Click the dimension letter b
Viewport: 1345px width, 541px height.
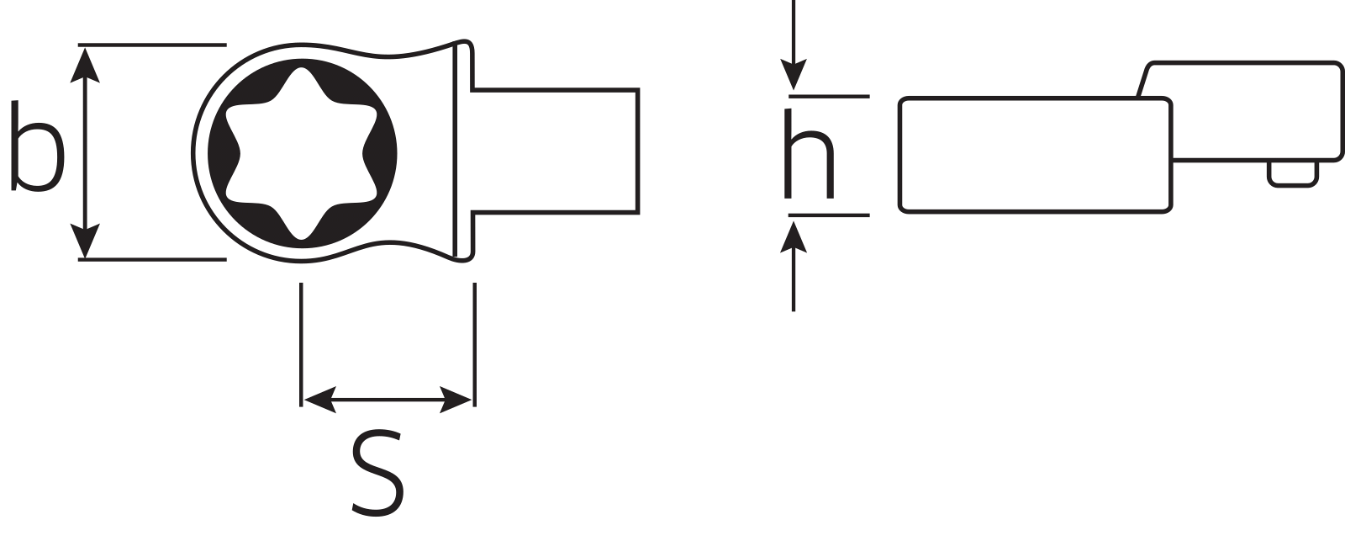coord(38,148)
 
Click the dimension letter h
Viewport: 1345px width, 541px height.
coord(809,156)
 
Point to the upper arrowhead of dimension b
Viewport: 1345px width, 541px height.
coord(85,64)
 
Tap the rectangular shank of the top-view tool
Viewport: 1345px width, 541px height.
coord(555,149)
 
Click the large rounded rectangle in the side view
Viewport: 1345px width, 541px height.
coord(1035,155)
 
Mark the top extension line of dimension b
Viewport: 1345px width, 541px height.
coord(152,44)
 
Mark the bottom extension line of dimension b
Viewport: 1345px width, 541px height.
coord(152,259)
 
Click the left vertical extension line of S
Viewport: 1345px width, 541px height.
coord(301,345)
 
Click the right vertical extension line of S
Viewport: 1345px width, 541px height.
coord(474,345)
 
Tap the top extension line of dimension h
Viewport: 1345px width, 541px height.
coord(828,97)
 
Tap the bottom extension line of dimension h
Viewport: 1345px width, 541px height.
coord(828,215)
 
